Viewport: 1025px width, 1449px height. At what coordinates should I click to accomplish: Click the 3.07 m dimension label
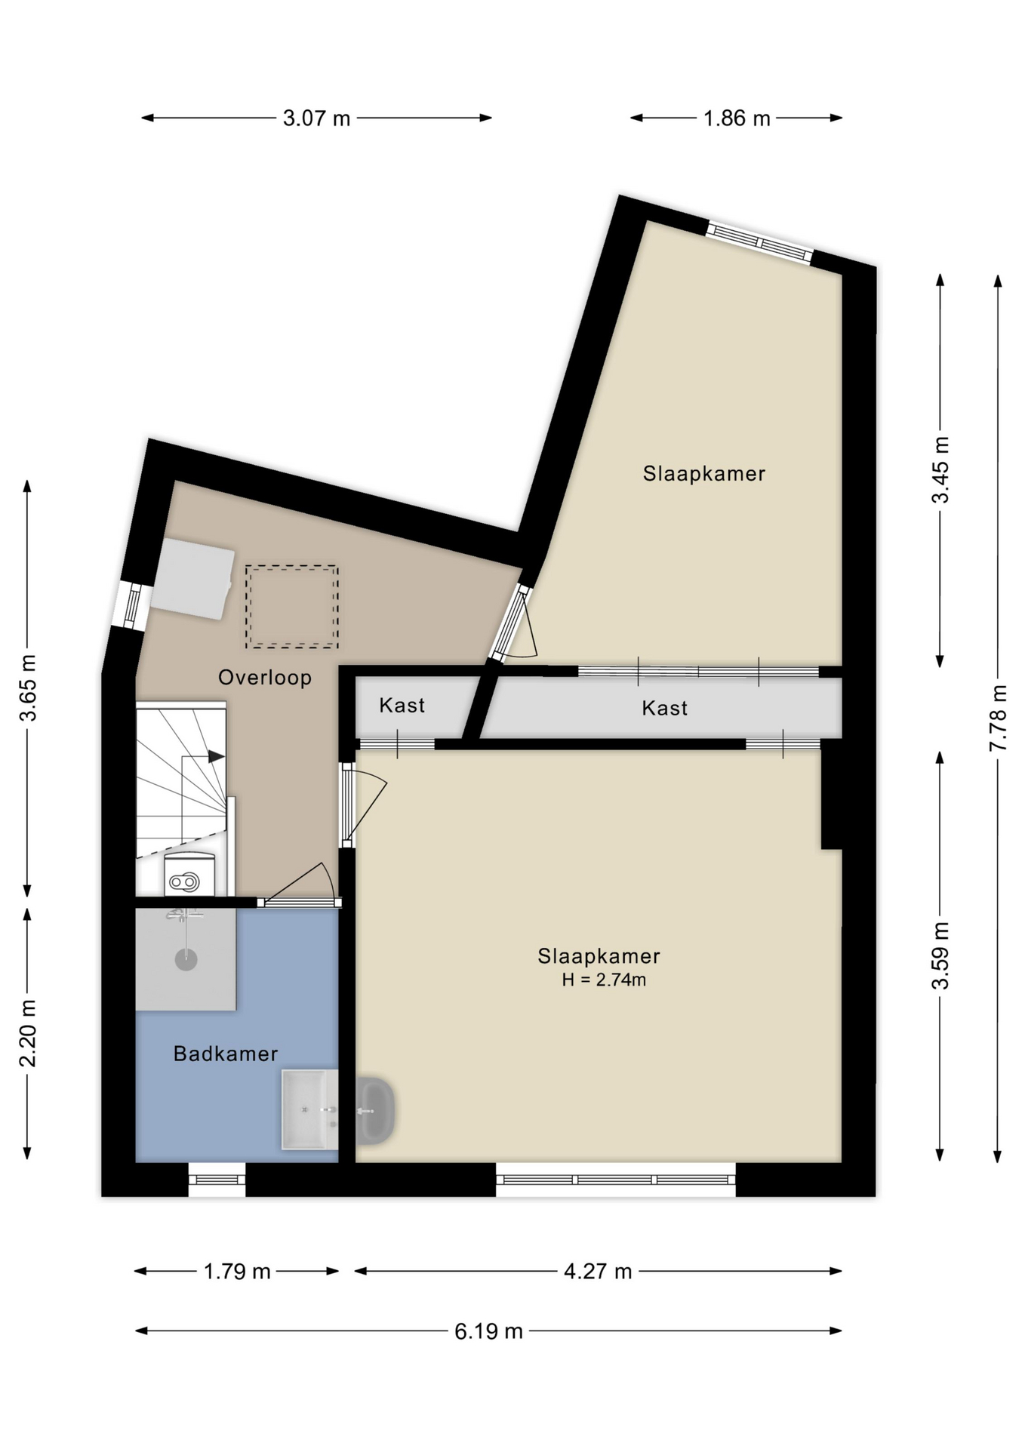tap(316, 118)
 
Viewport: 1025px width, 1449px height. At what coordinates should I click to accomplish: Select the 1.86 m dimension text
tap(736, 118)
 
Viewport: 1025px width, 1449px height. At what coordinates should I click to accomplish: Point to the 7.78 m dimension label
tap(998, 717)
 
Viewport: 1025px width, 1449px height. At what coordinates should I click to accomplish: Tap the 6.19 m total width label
tap(488, 1331)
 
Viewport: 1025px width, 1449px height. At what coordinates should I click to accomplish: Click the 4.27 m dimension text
tap(597, 1271)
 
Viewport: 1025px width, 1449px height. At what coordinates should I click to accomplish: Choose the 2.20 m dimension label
tap(27, 1032)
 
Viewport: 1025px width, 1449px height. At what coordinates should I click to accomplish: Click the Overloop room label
tap(265, 677)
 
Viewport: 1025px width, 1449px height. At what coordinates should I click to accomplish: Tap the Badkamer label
tap(226, 1054)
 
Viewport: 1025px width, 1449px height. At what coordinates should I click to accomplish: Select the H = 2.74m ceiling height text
tap(603, 980)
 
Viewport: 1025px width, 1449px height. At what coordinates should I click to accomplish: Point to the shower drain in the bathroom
tap(186, 960)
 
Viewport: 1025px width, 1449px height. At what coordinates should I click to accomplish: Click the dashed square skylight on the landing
tap(291, 607)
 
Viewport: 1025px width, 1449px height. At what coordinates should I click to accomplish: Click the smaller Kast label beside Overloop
tap(402, 706)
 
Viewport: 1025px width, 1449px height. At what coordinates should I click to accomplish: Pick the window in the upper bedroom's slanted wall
tap(759, 241)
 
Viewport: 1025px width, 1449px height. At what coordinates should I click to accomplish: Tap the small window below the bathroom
tap(217, 1179)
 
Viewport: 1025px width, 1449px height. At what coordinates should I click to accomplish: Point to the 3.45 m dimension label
tap(940, 469)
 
